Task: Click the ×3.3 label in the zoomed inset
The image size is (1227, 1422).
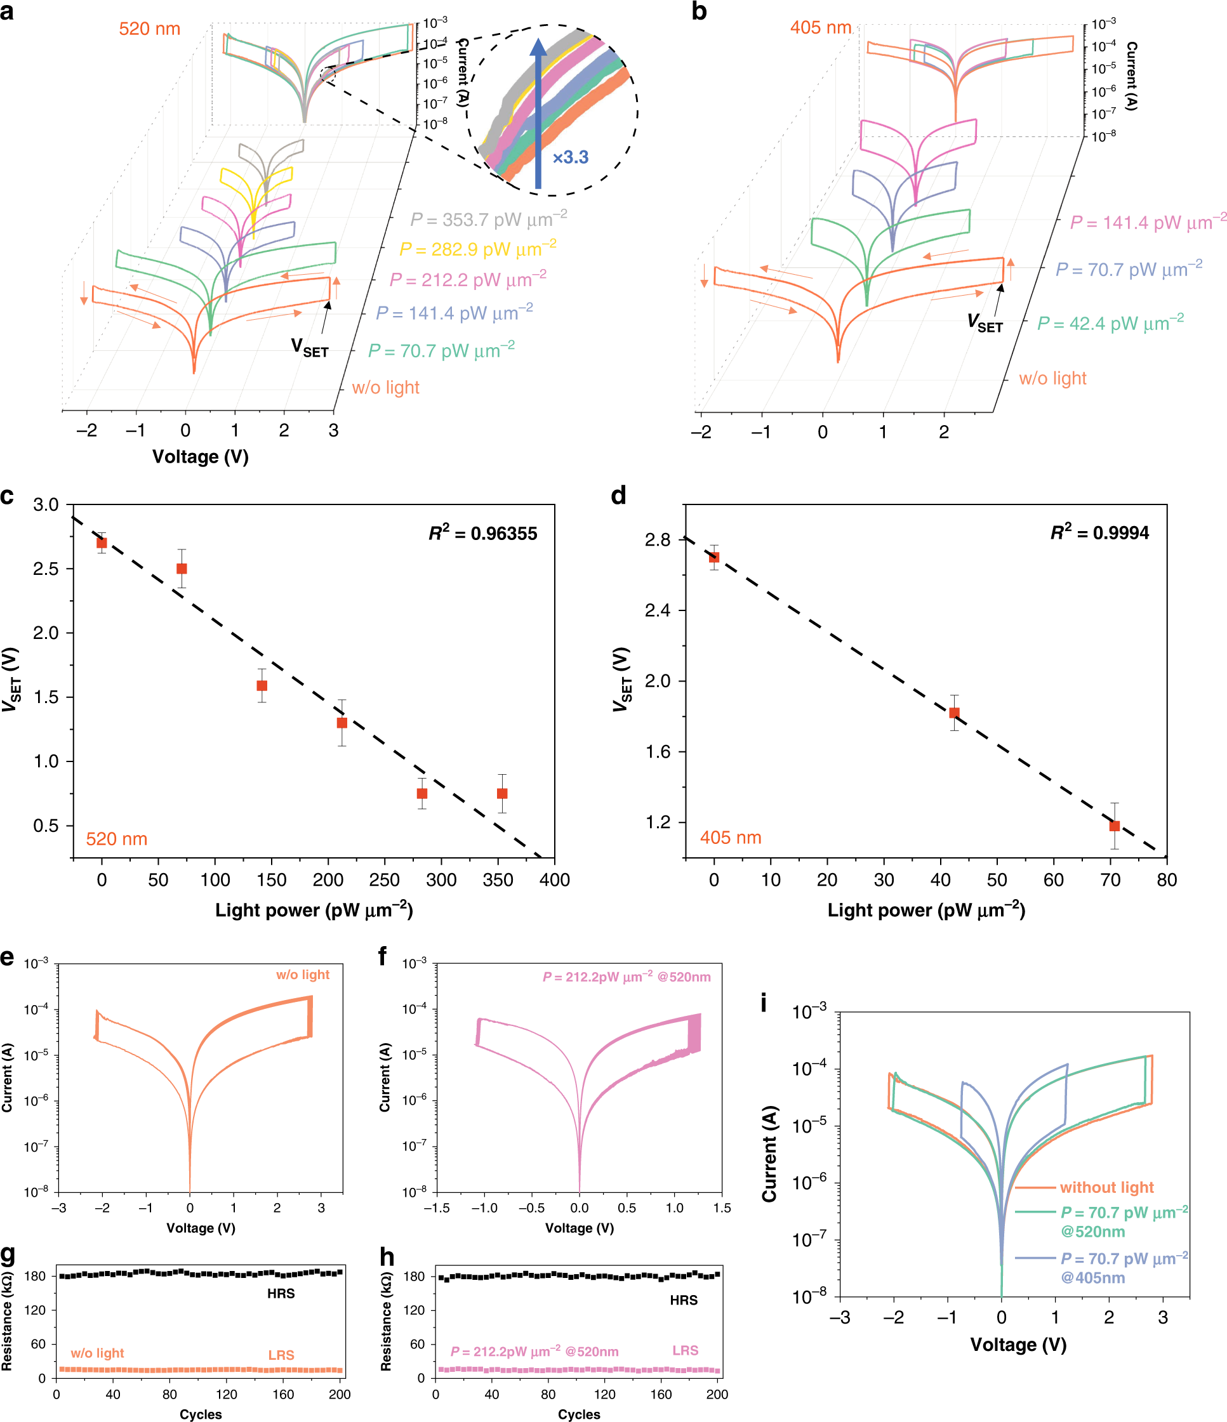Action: [x=571, y=157]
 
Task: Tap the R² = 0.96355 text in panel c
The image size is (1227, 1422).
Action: [x=482, y=533]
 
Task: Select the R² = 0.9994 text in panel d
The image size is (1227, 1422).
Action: [x=1099, y=532]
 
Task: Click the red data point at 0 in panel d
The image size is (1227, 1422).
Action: [x=714, y=557]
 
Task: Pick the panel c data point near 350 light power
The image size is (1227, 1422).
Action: [x=502, y=793]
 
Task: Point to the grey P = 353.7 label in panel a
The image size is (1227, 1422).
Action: [x=488, y=220]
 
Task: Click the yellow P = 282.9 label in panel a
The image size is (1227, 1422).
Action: [x=477, y=249]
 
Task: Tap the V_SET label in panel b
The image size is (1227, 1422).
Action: [x=985, y=322]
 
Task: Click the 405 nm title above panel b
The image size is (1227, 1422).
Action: [x=821, y=27]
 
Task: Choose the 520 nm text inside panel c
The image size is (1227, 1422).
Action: [x=117, y=839]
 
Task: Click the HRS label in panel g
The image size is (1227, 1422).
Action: [x=281, y=1294]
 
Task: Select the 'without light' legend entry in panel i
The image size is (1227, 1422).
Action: [x=1106, y=1187]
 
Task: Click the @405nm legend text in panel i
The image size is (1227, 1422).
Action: [x=1092, y=1278]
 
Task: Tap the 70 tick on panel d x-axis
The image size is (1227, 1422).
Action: [x=1110, y=880]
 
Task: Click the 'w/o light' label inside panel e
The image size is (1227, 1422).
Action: [x=303, y=975]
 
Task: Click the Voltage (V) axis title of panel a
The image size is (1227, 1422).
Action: [x=201, y=456]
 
